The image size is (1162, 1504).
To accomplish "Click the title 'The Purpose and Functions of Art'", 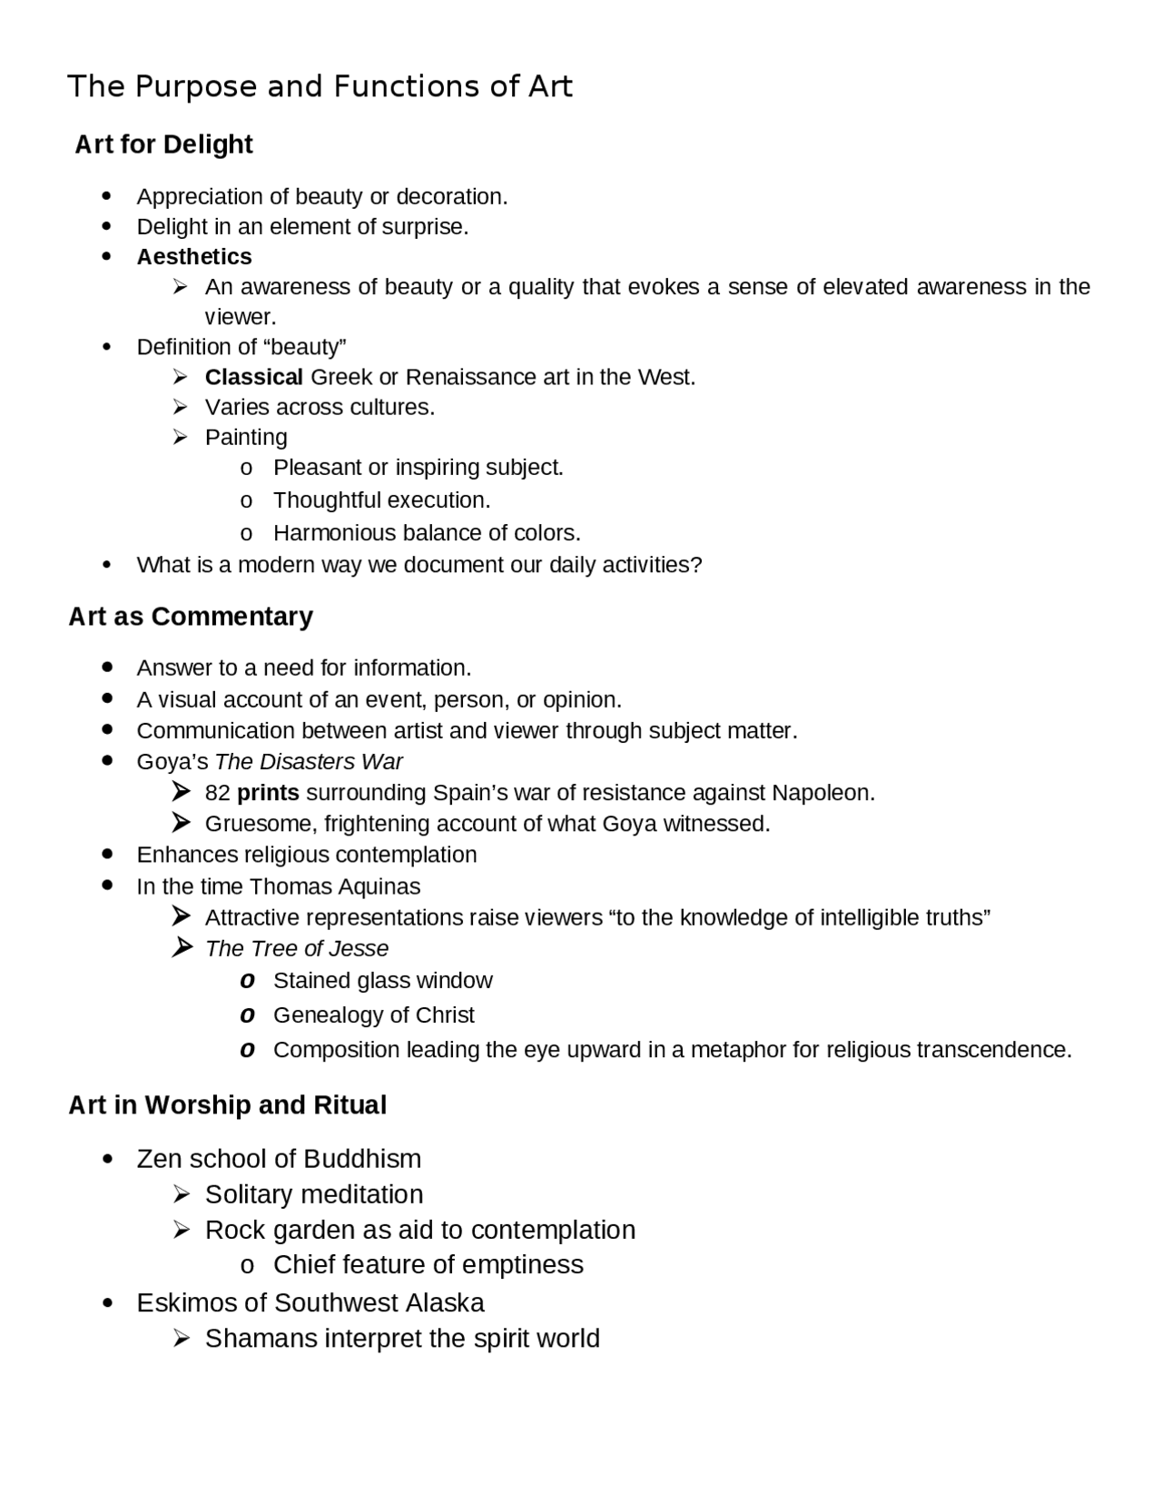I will (320, 86).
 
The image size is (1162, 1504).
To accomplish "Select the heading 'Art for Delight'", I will (163, 144).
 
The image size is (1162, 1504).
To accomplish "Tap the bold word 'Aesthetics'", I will (193, 257).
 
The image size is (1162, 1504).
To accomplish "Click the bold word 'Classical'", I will (253, 377).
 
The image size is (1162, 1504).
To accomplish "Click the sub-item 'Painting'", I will (245, 437).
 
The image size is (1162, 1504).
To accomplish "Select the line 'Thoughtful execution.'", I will (381, 500).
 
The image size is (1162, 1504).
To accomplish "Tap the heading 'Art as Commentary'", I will (191, 617).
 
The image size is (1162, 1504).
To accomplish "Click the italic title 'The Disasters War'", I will (309, 762).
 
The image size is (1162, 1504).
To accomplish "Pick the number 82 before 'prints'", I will (217, 793).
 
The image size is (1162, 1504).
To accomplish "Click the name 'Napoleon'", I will (821, 793).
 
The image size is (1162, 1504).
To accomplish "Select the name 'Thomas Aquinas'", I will (334, 886).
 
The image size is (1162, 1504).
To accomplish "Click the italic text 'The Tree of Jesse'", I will (296, 948).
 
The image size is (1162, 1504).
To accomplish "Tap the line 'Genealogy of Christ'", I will (373, 1014).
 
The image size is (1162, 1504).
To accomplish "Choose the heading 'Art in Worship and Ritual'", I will (227, 1105).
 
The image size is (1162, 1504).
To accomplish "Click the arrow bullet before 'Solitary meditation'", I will (181, 1193).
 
